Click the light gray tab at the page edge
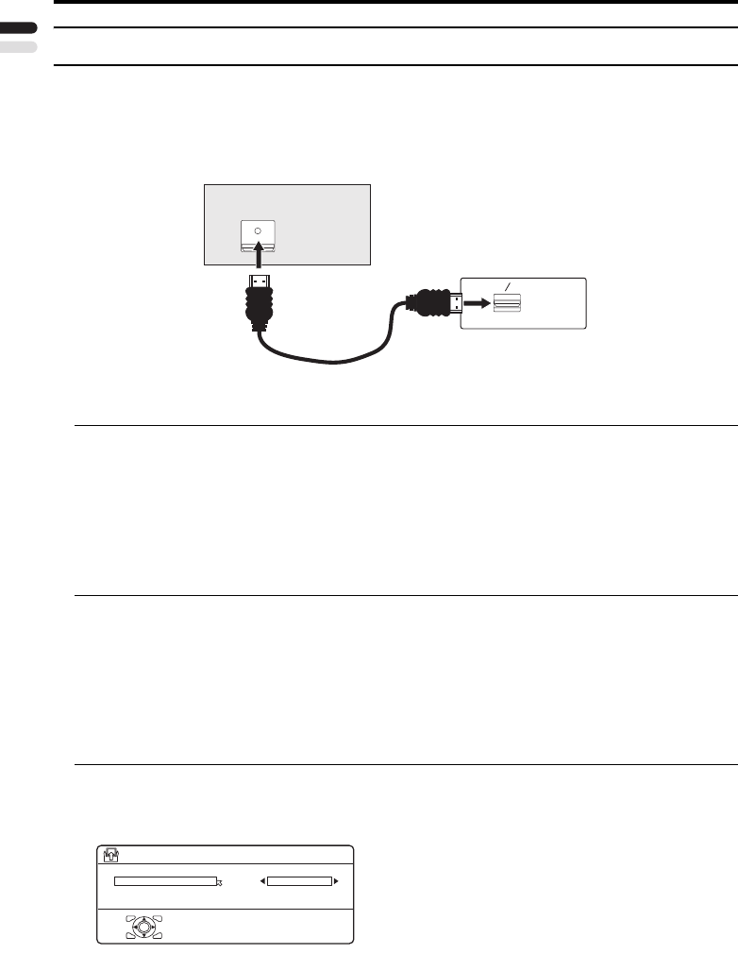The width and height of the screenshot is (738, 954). pyautogui.click(x=18, y=46)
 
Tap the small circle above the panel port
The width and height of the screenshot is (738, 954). pyautogui.click(x=258, y=230)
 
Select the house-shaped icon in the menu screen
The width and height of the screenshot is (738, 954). pyautogui.click(x=109, y=855)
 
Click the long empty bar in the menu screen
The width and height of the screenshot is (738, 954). pyautogui.click(x=165, y=881)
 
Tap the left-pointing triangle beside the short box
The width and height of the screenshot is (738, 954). pyautogui.click(x=262, y=881)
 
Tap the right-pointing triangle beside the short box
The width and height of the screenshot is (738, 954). pyautogui.click(x=336, y=881)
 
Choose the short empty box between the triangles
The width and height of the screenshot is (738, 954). pyautogui.click(x=299, y=881)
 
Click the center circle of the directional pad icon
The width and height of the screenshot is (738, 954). pyautogui.click(x=143, y=927)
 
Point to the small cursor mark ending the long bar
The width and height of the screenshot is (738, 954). pyautogui.click(x=220, y=883)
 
